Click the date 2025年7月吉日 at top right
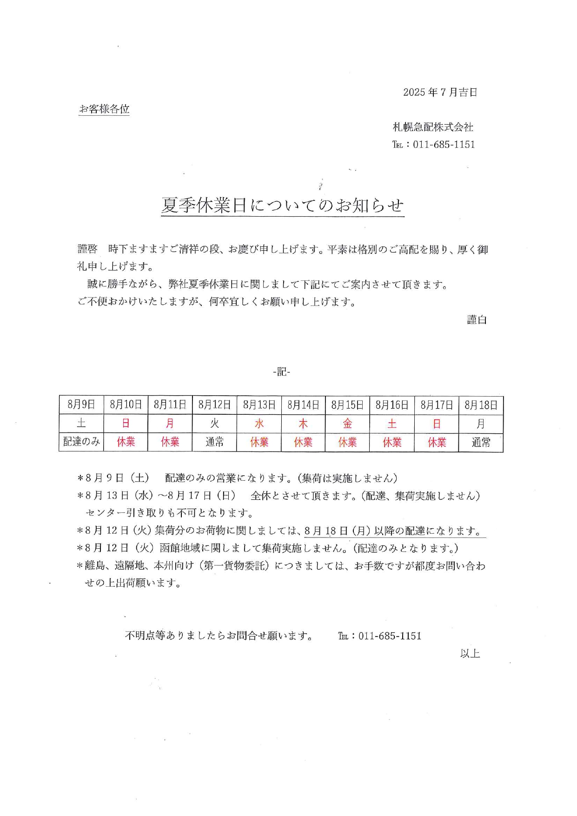coord(440,92)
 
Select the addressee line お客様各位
coord(104,109)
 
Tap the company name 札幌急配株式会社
coord(433,127)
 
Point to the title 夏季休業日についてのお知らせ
coord(283,205)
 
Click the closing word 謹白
coord(477,319)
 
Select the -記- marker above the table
coord(282,372)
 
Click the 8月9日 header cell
coord(81,405)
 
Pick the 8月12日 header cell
coord(214,405)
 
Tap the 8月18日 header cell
coord(481,405)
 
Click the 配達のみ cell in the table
coord(81,442)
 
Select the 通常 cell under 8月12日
coord(214,442)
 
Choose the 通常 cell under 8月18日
coord(481,442)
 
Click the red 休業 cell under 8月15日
coord(347,442)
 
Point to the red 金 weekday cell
coord(347,424)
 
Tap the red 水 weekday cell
coord(259,424)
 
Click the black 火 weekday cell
coord(214,424)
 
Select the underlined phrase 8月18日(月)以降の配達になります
coord(394,531)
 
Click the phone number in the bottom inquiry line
coord(390,636)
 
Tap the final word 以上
coord(470,653)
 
